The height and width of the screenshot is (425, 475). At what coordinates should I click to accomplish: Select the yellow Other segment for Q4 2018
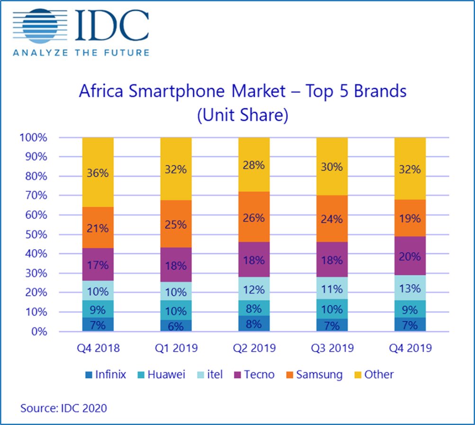pyautogui.click(x=98, y=172)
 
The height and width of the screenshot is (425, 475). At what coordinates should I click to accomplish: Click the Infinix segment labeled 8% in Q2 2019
pyautogui.click(x=254, y=324)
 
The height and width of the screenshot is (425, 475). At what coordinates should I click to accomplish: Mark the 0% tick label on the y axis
pyautogui.click(x=39, y=332)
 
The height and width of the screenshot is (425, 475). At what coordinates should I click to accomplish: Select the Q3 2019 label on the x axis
pyautogui.click(x=332, y=348)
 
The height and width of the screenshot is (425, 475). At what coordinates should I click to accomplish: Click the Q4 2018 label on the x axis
pyautogui.click(x=98, y=348)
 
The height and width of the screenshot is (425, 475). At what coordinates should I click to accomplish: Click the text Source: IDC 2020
pyautogui.click(x=63, y=407)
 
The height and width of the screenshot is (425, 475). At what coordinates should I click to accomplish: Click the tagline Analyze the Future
pyautogui.click(x=81, y=52)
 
